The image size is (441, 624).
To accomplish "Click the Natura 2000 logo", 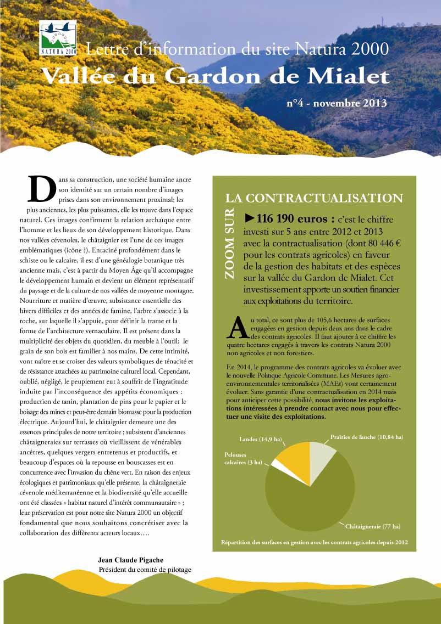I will (58, 38).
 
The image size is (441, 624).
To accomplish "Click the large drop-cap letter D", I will (41, 189).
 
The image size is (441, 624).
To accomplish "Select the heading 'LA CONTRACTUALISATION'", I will (314, 198).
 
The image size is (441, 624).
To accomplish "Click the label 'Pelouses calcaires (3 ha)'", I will (239, 458).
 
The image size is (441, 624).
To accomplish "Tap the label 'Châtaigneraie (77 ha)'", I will (372, 526).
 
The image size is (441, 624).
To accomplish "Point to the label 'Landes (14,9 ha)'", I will (261, 440).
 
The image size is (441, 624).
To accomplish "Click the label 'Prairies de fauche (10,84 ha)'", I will (366, 437).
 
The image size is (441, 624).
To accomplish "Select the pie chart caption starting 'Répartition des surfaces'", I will (314, 542).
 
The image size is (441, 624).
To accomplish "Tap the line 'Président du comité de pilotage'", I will (145, 570).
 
